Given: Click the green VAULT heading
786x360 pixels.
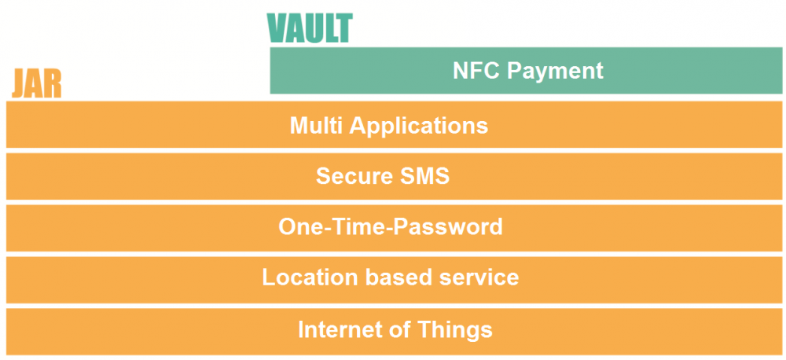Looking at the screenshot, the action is [x=310, y=28].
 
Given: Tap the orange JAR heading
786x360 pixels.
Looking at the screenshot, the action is [x=37, y=84].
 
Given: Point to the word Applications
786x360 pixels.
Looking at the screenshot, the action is [x=419, y=127].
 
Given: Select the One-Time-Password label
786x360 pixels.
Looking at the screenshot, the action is [x=391, y=226].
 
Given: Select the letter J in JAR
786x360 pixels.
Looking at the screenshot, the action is [x=19, y=85].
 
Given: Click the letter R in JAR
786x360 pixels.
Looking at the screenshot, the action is [x=53, y=84].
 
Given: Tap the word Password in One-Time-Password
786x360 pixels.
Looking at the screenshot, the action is [x=448, y=226].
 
